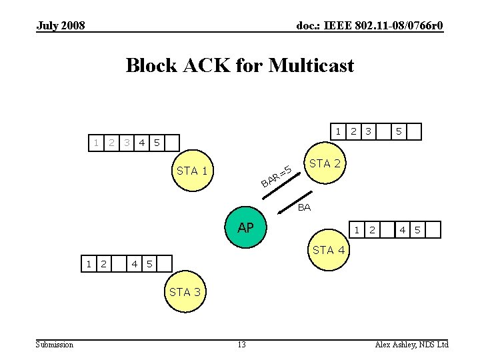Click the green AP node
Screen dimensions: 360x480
[x=245, y=228]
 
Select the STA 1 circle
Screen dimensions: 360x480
[x=191, y=171]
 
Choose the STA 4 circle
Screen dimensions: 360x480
[x=328, y=250]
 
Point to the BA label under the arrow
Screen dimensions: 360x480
[x=304, y=207]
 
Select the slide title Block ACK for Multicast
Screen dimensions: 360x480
[x=240, y=65]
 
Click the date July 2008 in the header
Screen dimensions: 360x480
[x=61, y=26]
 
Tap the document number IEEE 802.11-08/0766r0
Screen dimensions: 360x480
[x=369, y=26]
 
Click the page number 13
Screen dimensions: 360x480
[x=241, y=344]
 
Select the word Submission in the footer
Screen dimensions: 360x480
[x=55, y=344]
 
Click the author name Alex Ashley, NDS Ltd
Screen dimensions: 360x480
[x=411, y=344]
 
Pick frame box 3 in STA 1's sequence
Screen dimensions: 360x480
[x=127, y=142]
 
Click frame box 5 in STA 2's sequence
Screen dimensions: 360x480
[x=399, y=131]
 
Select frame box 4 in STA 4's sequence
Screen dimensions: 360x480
[x=403, y=230]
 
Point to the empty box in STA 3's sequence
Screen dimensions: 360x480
[x=119, y=263]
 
